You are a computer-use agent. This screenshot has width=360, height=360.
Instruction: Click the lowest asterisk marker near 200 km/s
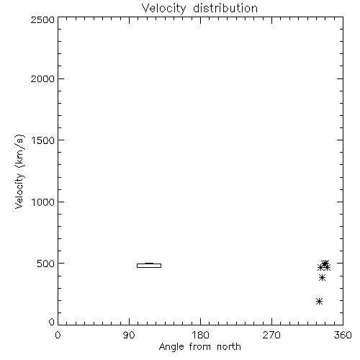click(x=319, y=301)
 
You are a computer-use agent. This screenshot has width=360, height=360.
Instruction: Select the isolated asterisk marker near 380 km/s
click(x=322, y=278)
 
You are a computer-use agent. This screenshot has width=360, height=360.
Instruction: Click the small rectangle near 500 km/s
click(x=149, y=266)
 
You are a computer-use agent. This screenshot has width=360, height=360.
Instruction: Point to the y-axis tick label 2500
click(x=42, y=19)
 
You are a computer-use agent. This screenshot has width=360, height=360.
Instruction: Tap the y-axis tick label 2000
click(x=42, y=78)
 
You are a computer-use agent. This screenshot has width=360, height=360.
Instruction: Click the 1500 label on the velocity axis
click(x=43, y=140)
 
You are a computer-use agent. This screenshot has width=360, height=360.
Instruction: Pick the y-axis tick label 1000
click(x=43, y=202)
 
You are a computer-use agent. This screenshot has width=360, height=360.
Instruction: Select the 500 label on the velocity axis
click(x=46, y=264)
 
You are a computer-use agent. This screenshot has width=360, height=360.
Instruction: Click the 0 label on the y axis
click(x=52, y=322)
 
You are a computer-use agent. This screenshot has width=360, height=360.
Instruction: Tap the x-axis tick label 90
click(x=129, y=335)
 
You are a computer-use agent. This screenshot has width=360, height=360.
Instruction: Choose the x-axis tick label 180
click(x=200, y=335)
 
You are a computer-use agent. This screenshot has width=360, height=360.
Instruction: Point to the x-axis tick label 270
click(x=271, y=335)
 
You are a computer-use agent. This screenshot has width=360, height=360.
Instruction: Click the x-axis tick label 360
click(x=343, y=335)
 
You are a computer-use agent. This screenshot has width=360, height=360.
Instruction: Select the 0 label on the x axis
click(x=58, y=335)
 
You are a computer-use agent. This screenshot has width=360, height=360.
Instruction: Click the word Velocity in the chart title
click(x=164, y=9)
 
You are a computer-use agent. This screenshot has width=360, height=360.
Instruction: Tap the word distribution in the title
click(x=225, y=8)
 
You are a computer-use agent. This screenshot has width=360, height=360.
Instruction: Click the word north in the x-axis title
click(x=229, y=346)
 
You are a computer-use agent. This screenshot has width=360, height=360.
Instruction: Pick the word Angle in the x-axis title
click(x=171, y=347)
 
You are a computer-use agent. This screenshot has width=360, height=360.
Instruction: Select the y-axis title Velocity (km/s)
click(x=19, y=171)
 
